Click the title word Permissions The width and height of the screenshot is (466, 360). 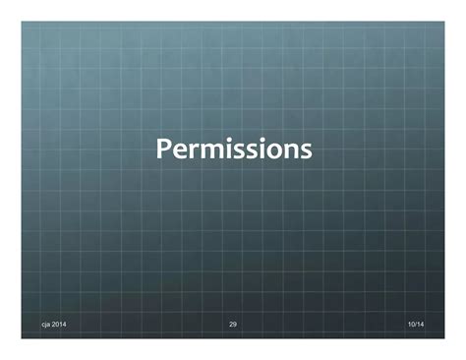click(233, 150)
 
